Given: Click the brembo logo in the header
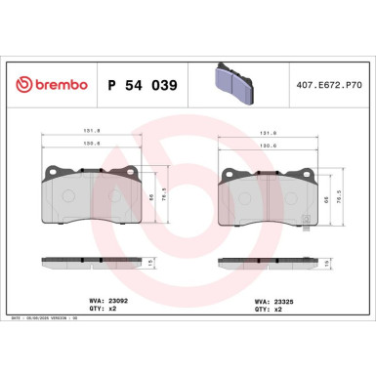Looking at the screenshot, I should [x=48, y=85].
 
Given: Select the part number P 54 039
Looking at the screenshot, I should [x=137, y=85].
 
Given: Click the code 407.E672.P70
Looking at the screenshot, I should [x=327, y=85].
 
